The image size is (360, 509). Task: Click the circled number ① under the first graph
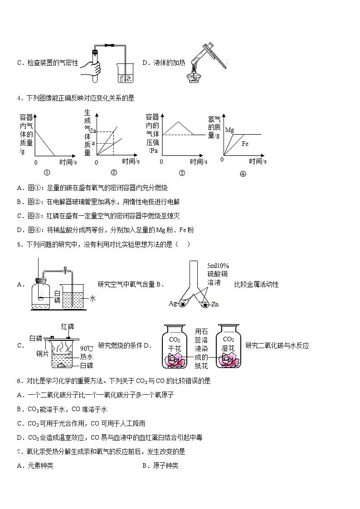point(47,173)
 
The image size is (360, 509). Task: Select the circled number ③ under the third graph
point(182,173)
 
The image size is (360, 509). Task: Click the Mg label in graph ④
point(229,130)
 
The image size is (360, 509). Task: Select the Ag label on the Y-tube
point(173,303)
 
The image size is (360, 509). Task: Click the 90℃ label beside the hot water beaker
point(86,348)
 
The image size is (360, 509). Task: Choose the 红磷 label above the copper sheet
point(68,326)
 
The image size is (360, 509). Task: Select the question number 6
point(19,381)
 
